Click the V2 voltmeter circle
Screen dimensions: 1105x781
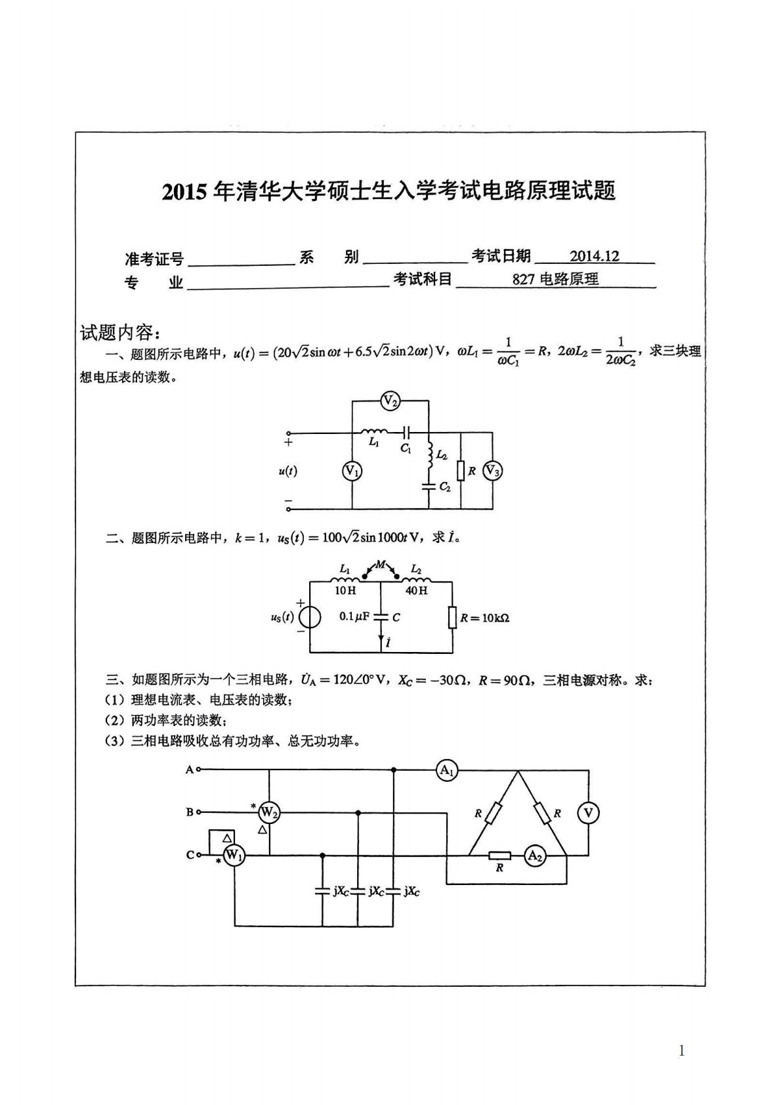click(390, 401)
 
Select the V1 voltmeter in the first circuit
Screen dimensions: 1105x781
click(352, 471)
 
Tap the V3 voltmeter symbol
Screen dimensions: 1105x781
click(492, 471)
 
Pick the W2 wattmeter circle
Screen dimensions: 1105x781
click(269, 813)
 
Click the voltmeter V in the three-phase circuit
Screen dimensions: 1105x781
click(587, 813)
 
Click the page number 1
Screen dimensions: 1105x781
click(681, 1051)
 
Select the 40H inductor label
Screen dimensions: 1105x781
click(416, 590)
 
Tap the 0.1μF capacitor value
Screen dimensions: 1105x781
click(354, 617)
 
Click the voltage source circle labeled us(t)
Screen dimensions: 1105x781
click(309, 618)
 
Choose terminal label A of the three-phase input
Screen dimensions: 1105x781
click(190, 769)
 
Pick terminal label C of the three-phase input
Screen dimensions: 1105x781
click(190, 855)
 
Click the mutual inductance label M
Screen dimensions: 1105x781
click(381, 564)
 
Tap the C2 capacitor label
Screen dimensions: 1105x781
click(445, 487)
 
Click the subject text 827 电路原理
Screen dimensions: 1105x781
click(555, 279)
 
